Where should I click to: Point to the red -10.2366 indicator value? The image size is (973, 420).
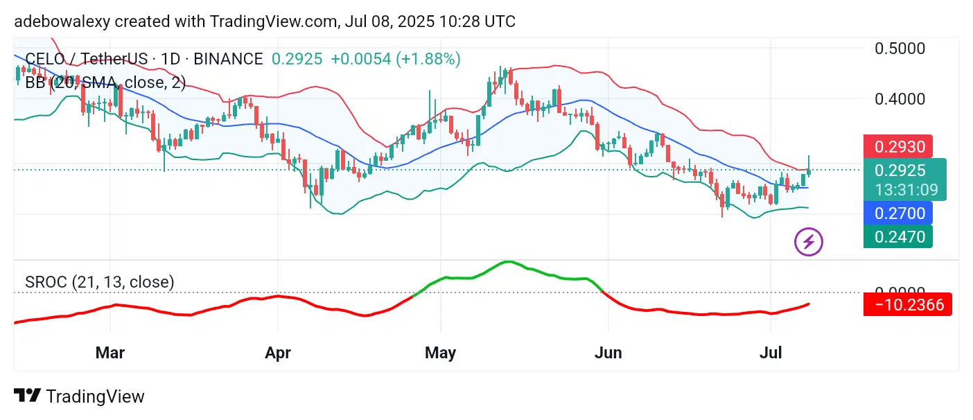tap(908, 304)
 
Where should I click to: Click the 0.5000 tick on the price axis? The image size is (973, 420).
tap(900, 49)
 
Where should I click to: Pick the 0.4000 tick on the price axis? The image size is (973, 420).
tap(900, 99)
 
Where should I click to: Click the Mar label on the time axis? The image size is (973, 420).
tap(110, 353)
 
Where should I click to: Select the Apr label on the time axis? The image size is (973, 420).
tap(277, 353)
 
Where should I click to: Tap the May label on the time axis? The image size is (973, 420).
tap(440, 353)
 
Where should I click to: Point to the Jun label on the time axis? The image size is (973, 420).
tap(608, 353)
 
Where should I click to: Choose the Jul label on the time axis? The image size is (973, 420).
tap(771, 353)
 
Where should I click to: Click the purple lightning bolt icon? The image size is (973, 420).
tap(808, 242)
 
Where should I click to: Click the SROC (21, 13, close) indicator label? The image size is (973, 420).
tap(99, 282)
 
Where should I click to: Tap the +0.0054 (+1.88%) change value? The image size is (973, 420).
tap(395, 59)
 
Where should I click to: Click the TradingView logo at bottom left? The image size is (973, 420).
tap(79, 396)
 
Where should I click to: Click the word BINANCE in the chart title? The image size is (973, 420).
tap(228, 59)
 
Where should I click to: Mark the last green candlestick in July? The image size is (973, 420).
tap(809, 166)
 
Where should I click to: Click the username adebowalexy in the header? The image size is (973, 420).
tap(62, 21)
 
